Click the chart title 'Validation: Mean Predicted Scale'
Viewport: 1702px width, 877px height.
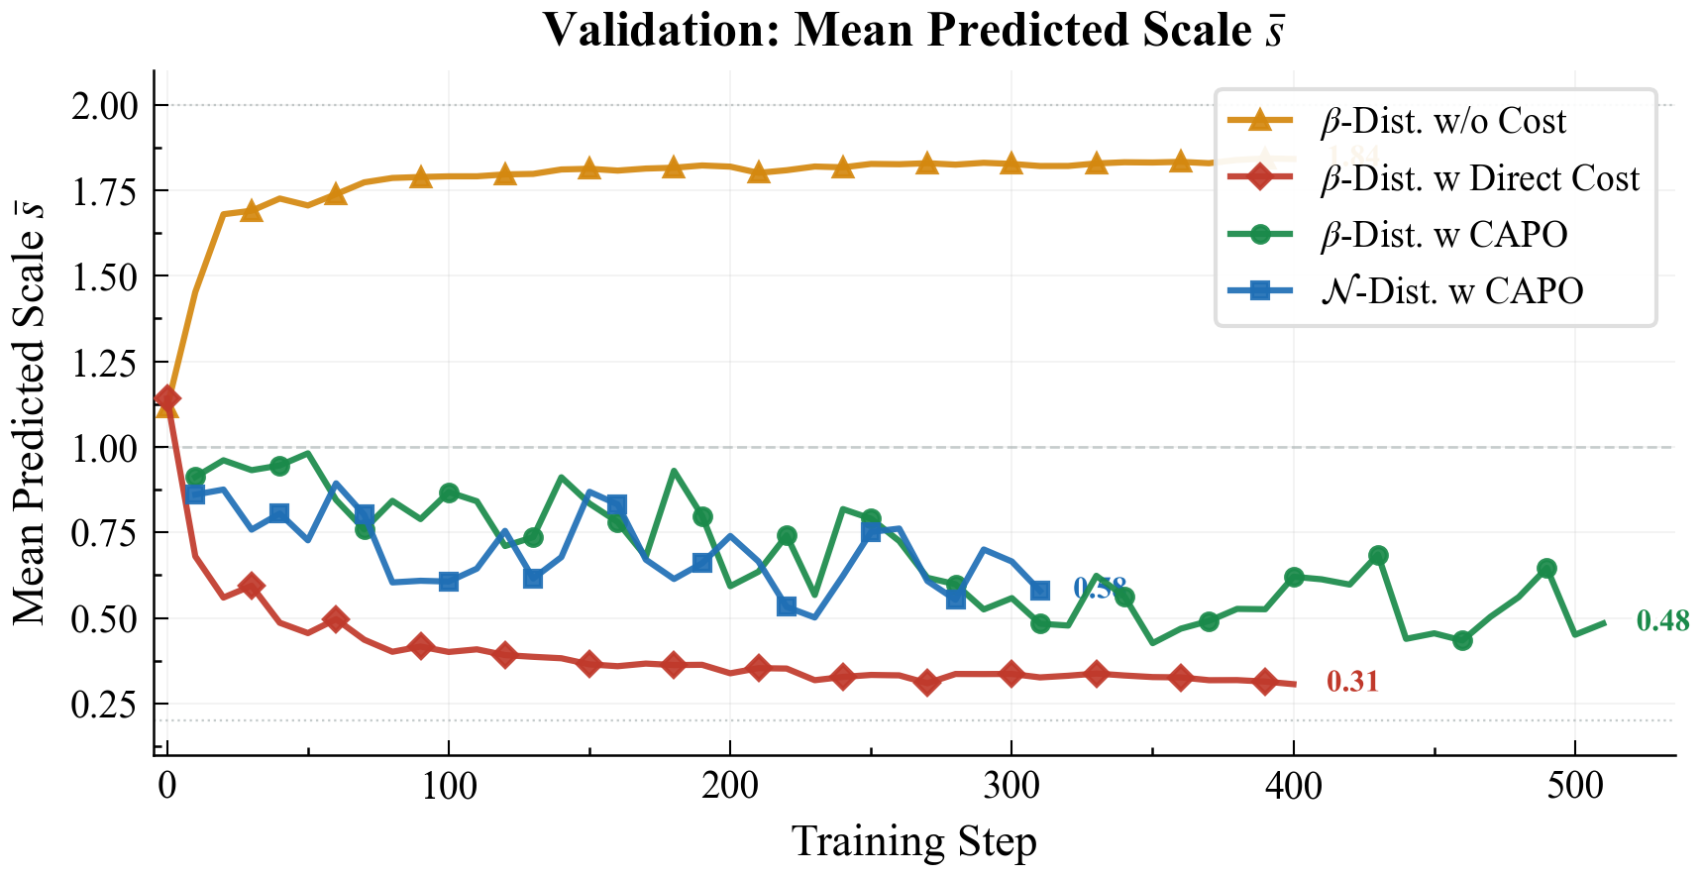coord(912,30)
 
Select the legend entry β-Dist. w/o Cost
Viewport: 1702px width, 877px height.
coord(1442,121)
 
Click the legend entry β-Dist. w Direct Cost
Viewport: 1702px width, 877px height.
coord(1479,178)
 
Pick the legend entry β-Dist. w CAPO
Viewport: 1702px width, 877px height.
coord(1443,235)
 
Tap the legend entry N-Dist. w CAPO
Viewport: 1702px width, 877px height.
coord(1451,291)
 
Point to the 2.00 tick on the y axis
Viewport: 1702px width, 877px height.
coord(104,105)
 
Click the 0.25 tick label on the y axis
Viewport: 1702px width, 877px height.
coord(104,705)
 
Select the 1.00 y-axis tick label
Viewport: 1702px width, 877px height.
coord(104,448)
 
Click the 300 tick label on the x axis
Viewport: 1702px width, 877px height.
coord(1011,787)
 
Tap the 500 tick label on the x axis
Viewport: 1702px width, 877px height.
coord(1574,787)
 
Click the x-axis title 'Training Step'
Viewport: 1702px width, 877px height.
coord(913,842)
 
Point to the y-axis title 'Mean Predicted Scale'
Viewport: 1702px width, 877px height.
coord(30,411)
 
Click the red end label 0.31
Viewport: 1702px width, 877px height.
coord(1351,682)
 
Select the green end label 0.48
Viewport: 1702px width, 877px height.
coord(1662,621)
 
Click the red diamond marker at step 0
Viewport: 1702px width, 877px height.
coord(167,398)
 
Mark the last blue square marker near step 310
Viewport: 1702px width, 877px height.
coord(1039,591)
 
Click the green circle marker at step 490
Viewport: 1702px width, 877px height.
coord(1546,569)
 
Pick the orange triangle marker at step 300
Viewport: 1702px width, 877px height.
coord(1011,163)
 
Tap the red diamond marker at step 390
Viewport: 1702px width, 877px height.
coord(1265,682)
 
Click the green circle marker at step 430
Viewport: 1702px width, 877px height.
coord(1378,556)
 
